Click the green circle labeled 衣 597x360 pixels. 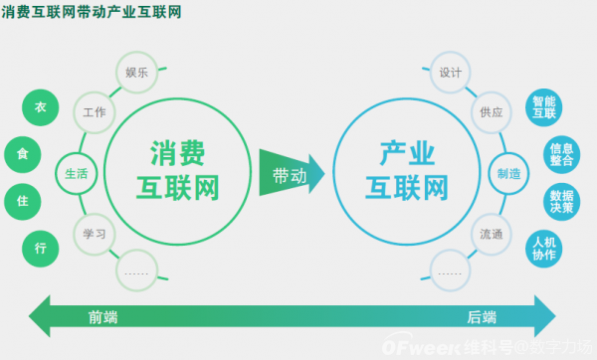(41, 107)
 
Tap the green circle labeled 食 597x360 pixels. (23, 154)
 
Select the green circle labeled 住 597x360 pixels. (23, 201)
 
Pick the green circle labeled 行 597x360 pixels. (41, 248)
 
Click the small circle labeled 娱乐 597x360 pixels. (136, 73)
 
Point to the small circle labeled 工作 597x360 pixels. (96, 112)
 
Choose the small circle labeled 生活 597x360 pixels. (77, 173)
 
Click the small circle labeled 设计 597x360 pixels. (450, 73)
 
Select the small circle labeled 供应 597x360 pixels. (492, 112)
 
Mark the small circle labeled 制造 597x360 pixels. (509, 173)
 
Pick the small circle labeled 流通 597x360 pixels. (492, 235)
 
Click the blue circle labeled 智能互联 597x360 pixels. (544, 107)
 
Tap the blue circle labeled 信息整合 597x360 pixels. (562, 154)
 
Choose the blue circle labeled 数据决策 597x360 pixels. (562, 201)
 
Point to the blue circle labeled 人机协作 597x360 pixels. (544, 248)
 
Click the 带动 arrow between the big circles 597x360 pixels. (290, 174)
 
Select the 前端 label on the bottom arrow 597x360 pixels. (102, 317)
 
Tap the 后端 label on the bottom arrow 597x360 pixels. (483, 317)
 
